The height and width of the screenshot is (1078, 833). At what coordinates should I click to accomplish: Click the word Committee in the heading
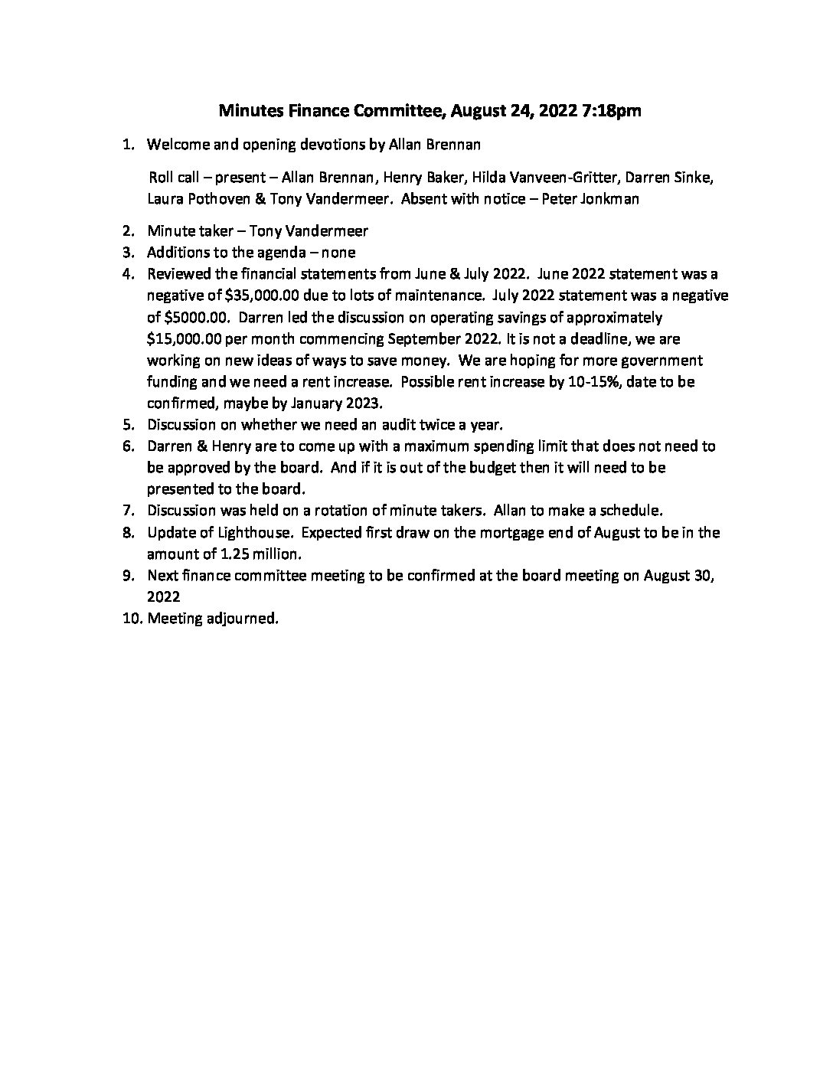coord(397,111)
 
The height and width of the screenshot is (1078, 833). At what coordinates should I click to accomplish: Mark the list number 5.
coord(128,424)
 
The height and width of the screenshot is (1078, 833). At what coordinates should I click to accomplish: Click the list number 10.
coord(131,618)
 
